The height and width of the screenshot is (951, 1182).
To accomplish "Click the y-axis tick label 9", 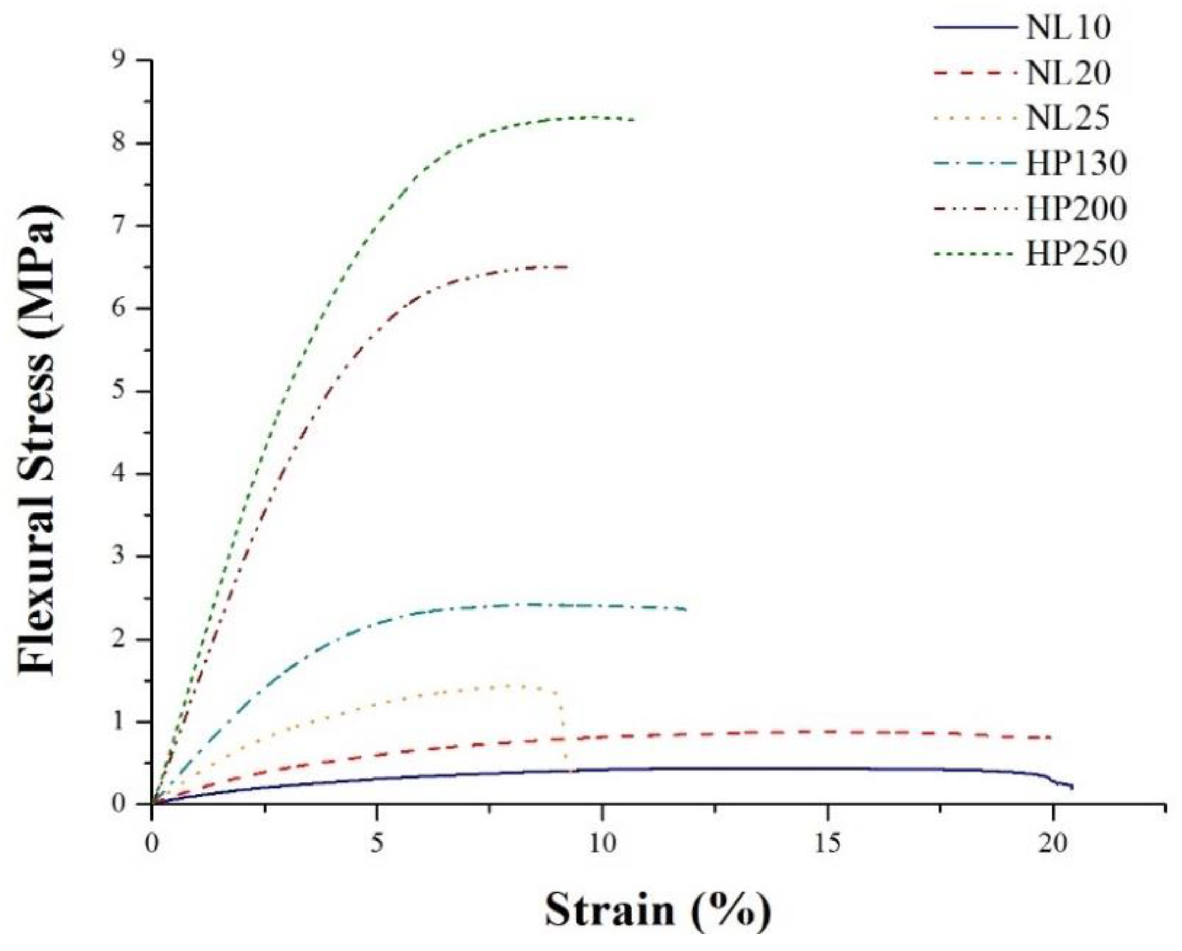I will pyautogui.click(x=127, y=60).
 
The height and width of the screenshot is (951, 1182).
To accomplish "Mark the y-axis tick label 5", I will pyautogui.click(x=127, y=391).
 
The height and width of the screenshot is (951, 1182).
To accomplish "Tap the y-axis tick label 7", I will pyautogui.click(x=127, y=226).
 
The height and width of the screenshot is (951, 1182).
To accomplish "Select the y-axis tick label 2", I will pyautogui.click(x=127, y=640).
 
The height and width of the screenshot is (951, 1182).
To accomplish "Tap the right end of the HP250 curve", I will pyautogui.click(x=635, y=120).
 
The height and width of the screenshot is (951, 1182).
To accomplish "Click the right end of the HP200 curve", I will pyautogui.click(x=567, y=267).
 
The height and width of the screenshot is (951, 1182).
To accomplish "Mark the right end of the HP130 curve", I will pyautogui.click(x=685, y=609).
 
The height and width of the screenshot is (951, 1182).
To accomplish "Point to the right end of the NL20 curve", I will pyautogui.click(x=1050, y=738).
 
